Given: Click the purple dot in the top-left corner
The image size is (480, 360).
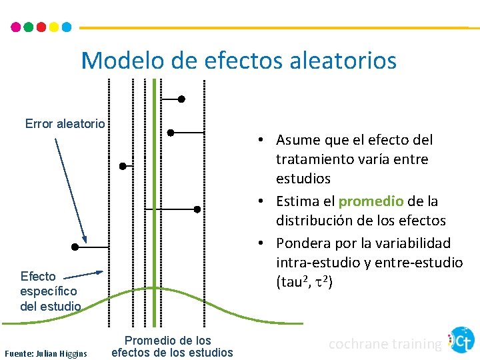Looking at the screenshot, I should [x=16, y=27].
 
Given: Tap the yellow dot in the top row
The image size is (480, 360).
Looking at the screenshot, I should [x=53, y=27].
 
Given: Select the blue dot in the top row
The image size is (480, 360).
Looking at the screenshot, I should [x=66, y=27].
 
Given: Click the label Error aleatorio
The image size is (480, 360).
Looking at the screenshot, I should [x=65, y=123].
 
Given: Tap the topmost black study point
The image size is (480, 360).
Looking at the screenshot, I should [x=181, y=99].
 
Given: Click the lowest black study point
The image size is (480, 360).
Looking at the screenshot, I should [x=75, y=247].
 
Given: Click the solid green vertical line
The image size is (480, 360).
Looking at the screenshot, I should [x=154, y=200].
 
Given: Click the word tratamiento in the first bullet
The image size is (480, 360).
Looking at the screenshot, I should [x=315, y=159].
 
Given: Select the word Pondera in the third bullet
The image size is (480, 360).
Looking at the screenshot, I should [x=301, y=243].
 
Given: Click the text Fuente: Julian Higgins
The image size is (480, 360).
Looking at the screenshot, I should [x=46, y=353].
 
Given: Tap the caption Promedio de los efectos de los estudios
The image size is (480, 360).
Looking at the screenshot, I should [x=172, y=347].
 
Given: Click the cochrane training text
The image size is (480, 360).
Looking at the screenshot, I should [x=385, y=344].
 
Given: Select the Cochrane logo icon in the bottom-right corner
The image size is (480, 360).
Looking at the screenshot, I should [x=461, y=340].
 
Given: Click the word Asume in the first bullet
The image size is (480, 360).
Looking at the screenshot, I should [x=297, y=140].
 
